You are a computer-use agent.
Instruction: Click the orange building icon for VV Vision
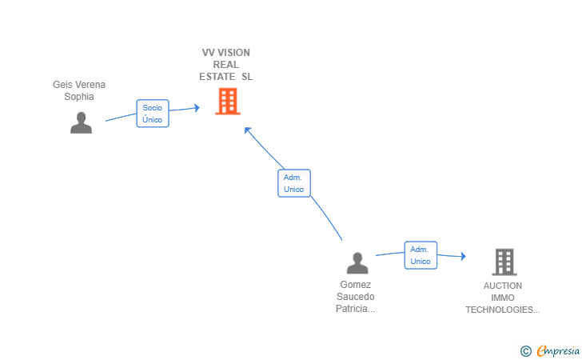coord(228,101)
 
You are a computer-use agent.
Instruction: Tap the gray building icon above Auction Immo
coord(504,262)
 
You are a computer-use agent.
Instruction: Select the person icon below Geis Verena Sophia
coord(81,122)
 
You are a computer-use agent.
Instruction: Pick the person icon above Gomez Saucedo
coord(357,263)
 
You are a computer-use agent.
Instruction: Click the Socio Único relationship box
coord(153,114)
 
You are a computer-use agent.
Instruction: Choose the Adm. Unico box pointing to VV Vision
coord(294,183)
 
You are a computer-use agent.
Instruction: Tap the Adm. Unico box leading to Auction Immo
coord(421,255)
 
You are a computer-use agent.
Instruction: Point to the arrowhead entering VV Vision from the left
coord(197,108)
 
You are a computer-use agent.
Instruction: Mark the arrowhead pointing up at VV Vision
coord(248,130)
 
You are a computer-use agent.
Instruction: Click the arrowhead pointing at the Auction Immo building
coord(463,256)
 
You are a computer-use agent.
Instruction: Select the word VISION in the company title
coord(233,53)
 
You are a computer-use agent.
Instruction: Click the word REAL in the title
coord(226,65)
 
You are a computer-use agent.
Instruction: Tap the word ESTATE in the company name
coord(217,77)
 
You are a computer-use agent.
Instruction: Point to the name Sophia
coord(79,97)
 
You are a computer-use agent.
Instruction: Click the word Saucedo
coord(356,297)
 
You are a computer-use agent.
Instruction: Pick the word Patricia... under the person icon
coord(356,308)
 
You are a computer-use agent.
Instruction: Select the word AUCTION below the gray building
coord(503,286)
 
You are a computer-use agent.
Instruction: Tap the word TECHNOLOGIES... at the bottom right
coord(503,310)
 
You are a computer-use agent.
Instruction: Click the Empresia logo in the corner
coord(550,350)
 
